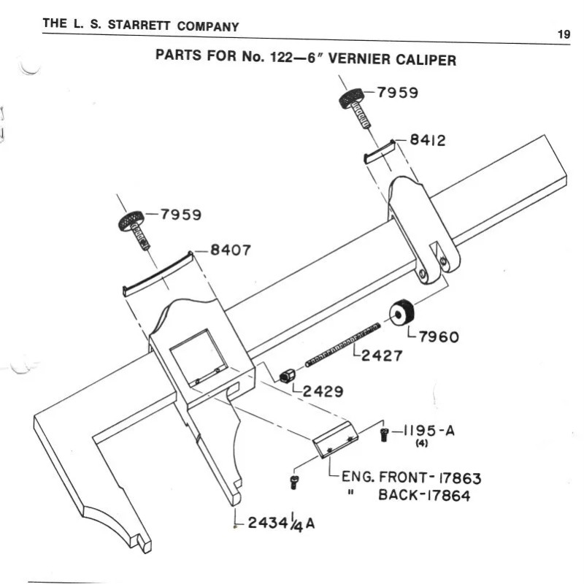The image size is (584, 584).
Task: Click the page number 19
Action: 563,34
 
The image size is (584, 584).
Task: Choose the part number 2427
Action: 384,356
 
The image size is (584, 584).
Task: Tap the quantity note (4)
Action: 421,444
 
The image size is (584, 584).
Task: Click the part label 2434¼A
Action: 281,523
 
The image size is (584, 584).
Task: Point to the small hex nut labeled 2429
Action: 287,375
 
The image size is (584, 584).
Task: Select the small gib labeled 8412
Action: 380,152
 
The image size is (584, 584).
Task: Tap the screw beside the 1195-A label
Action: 385,435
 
